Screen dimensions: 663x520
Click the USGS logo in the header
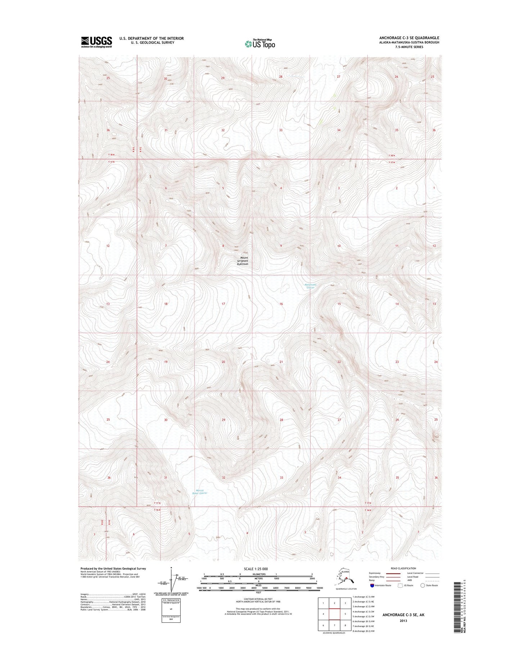(96, 42)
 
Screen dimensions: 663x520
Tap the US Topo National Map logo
(260, 44)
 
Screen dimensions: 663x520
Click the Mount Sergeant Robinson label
(243, 261)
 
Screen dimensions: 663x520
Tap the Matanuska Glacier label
(310, 286)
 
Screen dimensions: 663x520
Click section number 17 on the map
(223, 304)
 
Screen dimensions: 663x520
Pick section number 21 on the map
(281, 362)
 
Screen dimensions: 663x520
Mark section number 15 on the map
(339, 304)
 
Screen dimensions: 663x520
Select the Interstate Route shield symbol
(372, 585)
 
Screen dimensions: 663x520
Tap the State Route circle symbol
(422, 585)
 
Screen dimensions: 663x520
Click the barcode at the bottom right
(457, 612)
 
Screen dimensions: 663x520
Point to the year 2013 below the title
(403, 621)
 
